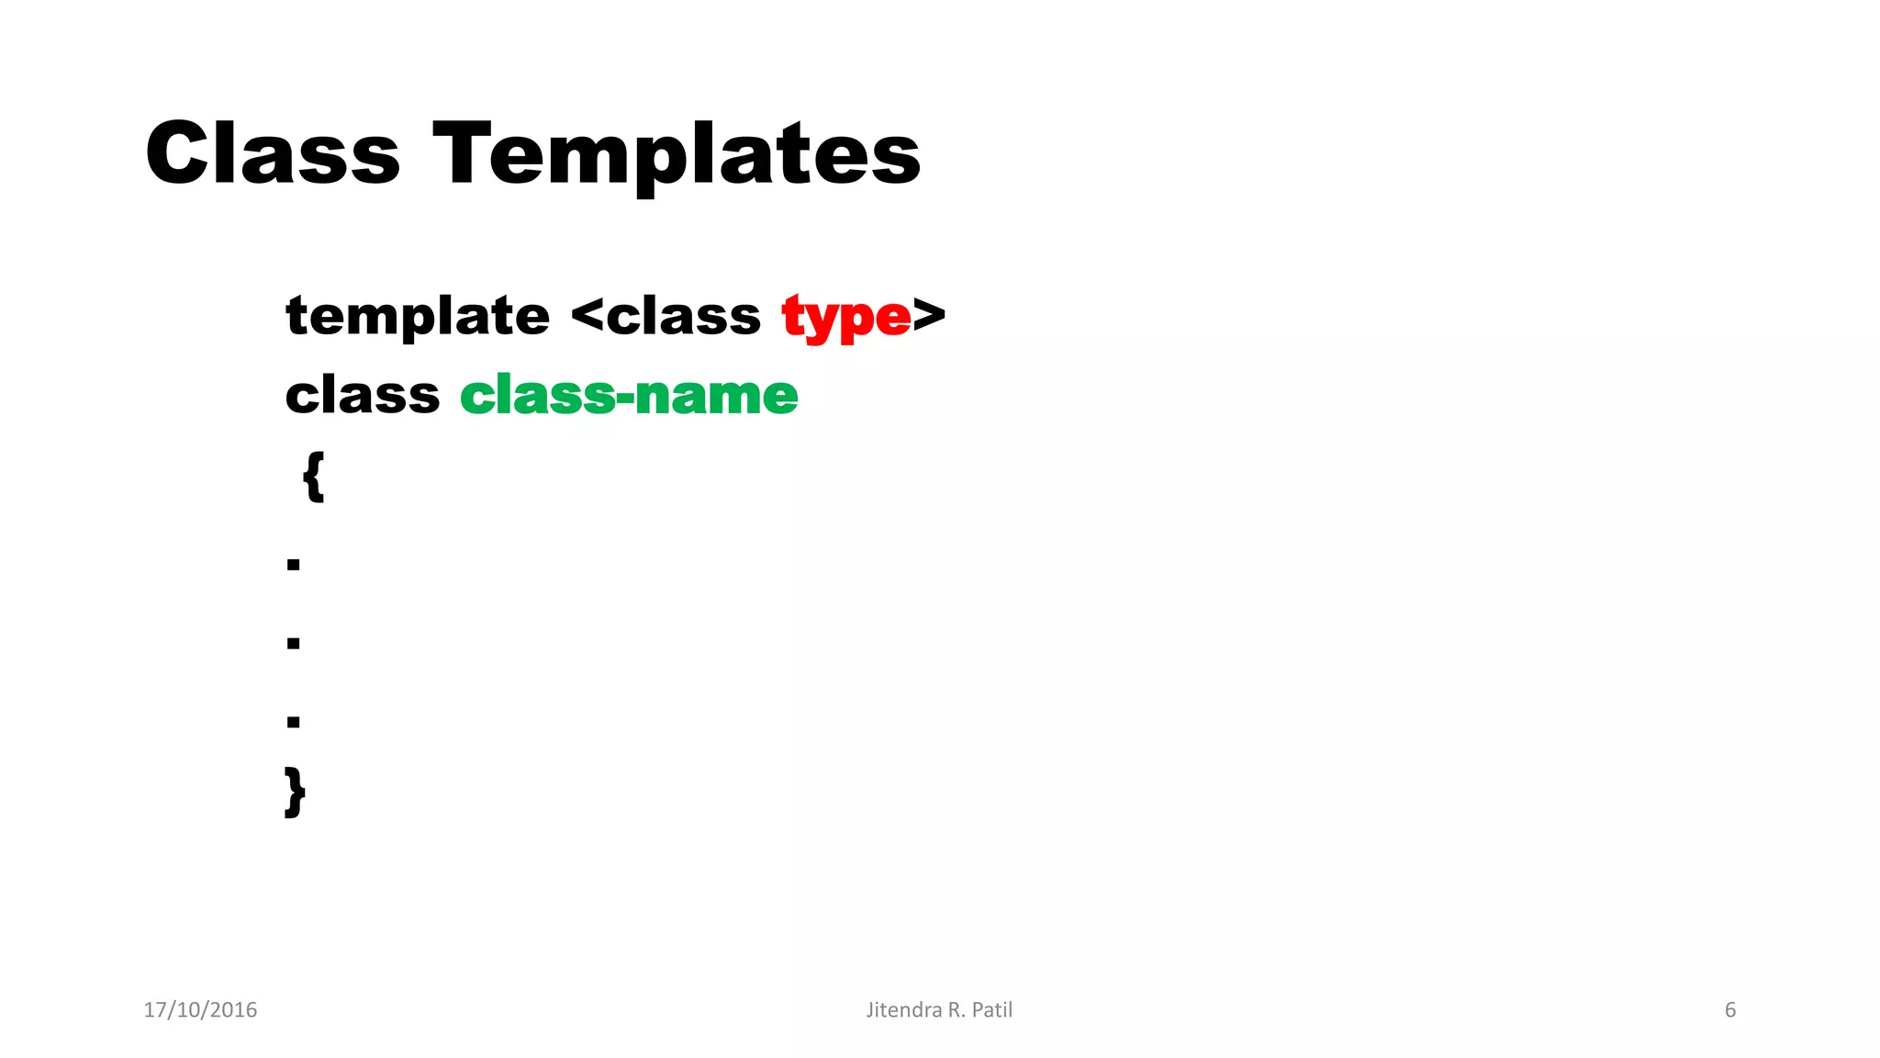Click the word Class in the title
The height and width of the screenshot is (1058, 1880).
pyautogui.click(x=273, y=153)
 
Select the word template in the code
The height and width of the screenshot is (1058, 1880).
pyautogui.click(x=418, y=318)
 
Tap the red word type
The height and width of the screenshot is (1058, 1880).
pyautogui.click(x=845, y=319)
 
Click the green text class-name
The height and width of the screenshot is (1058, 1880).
pyautogui.click(x=629, y=396)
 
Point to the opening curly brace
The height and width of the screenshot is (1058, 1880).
pyautogui.click(x=313, y=476)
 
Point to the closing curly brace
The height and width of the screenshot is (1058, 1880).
pyautogui.click(x=295, y=792)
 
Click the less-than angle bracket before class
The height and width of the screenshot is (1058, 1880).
pyautogui.click(x=587, y=316)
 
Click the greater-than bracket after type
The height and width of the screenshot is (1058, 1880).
pyautogui.click(x=929, y=315)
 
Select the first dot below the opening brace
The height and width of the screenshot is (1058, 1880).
pyautogui.click(x=294, y=564)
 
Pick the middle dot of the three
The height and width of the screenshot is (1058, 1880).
pyautogui.click(x=294, y=643)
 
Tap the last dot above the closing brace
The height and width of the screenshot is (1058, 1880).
pyautogui.click(x=294, y=722)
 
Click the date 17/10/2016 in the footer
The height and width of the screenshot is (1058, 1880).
pyautogui.click(x=200, y=1010)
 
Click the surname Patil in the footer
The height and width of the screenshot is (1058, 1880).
pyautogui.click(x=992, y=1010)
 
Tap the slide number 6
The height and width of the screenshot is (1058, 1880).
pyautogui.click(x=1730, y=1010)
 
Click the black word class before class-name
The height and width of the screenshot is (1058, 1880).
pyautogui.click(x=363, y=396)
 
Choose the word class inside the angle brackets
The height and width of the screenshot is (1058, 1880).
pyautogui.click(x=683, y=317)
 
